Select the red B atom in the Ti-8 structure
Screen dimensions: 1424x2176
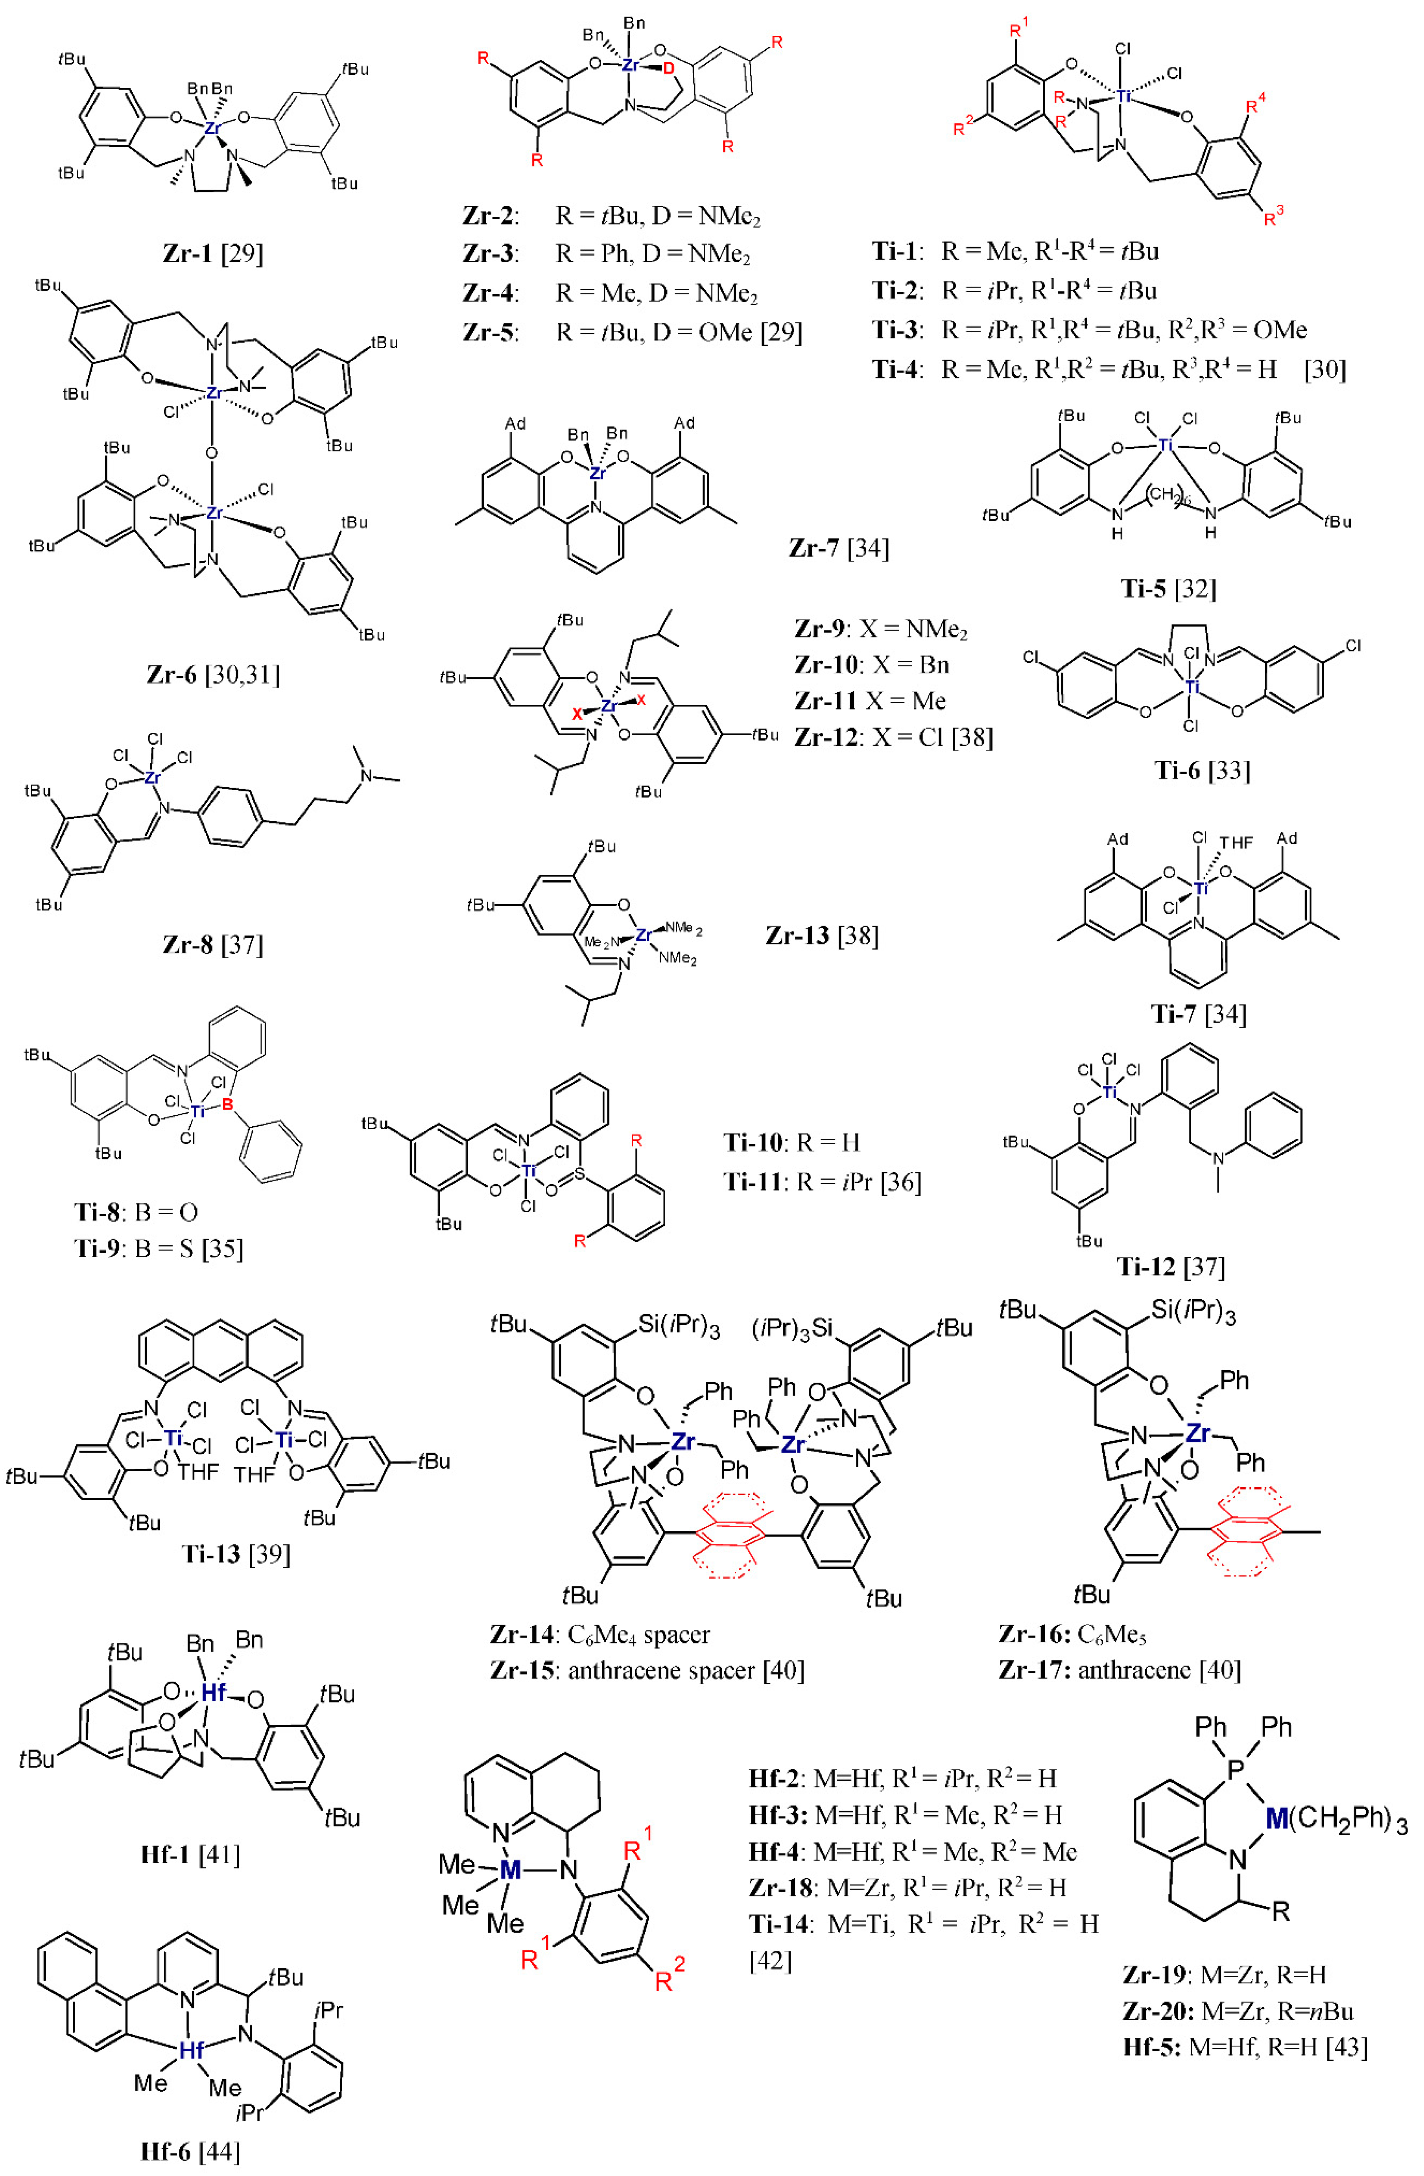(x=228, y=1107)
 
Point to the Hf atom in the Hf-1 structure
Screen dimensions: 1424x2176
(x=213, y=1692)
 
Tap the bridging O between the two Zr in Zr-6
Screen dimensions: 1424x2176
(x=212, y=453)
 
